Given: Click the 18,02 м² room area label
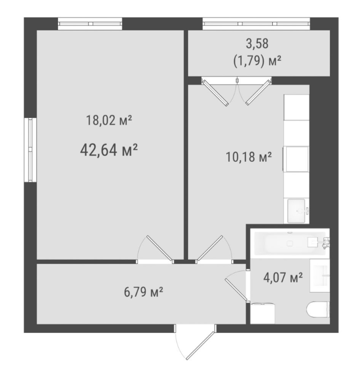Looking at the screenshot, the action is point(109,120).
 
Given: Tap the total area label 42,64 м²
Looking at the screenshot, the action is point(109,150).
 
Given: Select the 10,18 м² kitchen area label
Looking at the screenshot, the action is point(249,157).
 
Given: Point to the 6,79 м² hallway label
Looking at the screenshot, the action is point(143,292).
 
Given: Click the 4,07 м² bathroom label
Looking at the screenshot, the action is point(283,277).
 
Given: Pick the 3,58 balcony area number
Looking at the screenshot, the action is point(257,44).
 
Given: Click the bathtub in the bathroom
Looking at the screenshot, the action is point(290,243).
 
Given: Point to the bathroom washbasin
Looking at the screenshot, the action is point(320,276).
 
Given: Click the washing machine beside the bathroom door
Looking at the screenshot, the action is point(263,313).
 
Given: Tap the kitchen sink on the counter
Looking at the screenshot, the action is point(297,211).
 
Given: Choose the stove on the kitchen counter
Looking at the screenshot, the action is point(296,159).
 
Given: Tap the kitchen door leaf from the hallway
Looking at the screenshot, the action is point(210,248).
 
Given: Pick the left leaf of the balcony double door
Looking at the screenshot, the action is point(215,93).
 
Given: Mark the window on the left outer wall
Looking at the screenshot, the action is point(30,150).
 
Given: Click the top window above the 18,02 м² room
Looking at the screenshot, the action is point(90,24).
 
